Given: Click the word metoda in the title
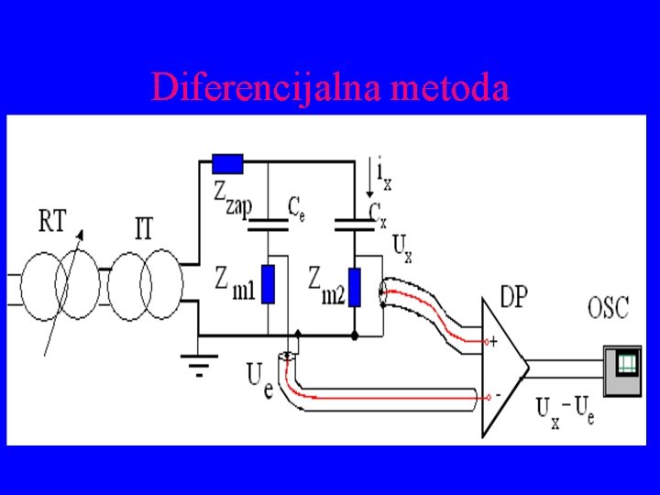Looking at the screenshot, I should tap(449, 87).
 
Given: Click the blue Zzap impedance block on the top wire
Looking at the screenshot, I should tap(227, 163).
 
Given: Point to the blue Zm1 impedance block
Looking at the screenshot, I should tap(268, 284).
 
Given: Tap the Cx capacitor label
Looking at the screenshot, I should tap(377, 213).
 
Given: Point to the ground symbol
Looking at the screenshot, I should tap(197, 367).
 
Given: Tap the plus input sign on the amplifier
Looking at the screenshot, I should tap(494, 342).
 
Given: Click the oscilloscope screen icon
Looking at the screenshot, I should tap(627, 364).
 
